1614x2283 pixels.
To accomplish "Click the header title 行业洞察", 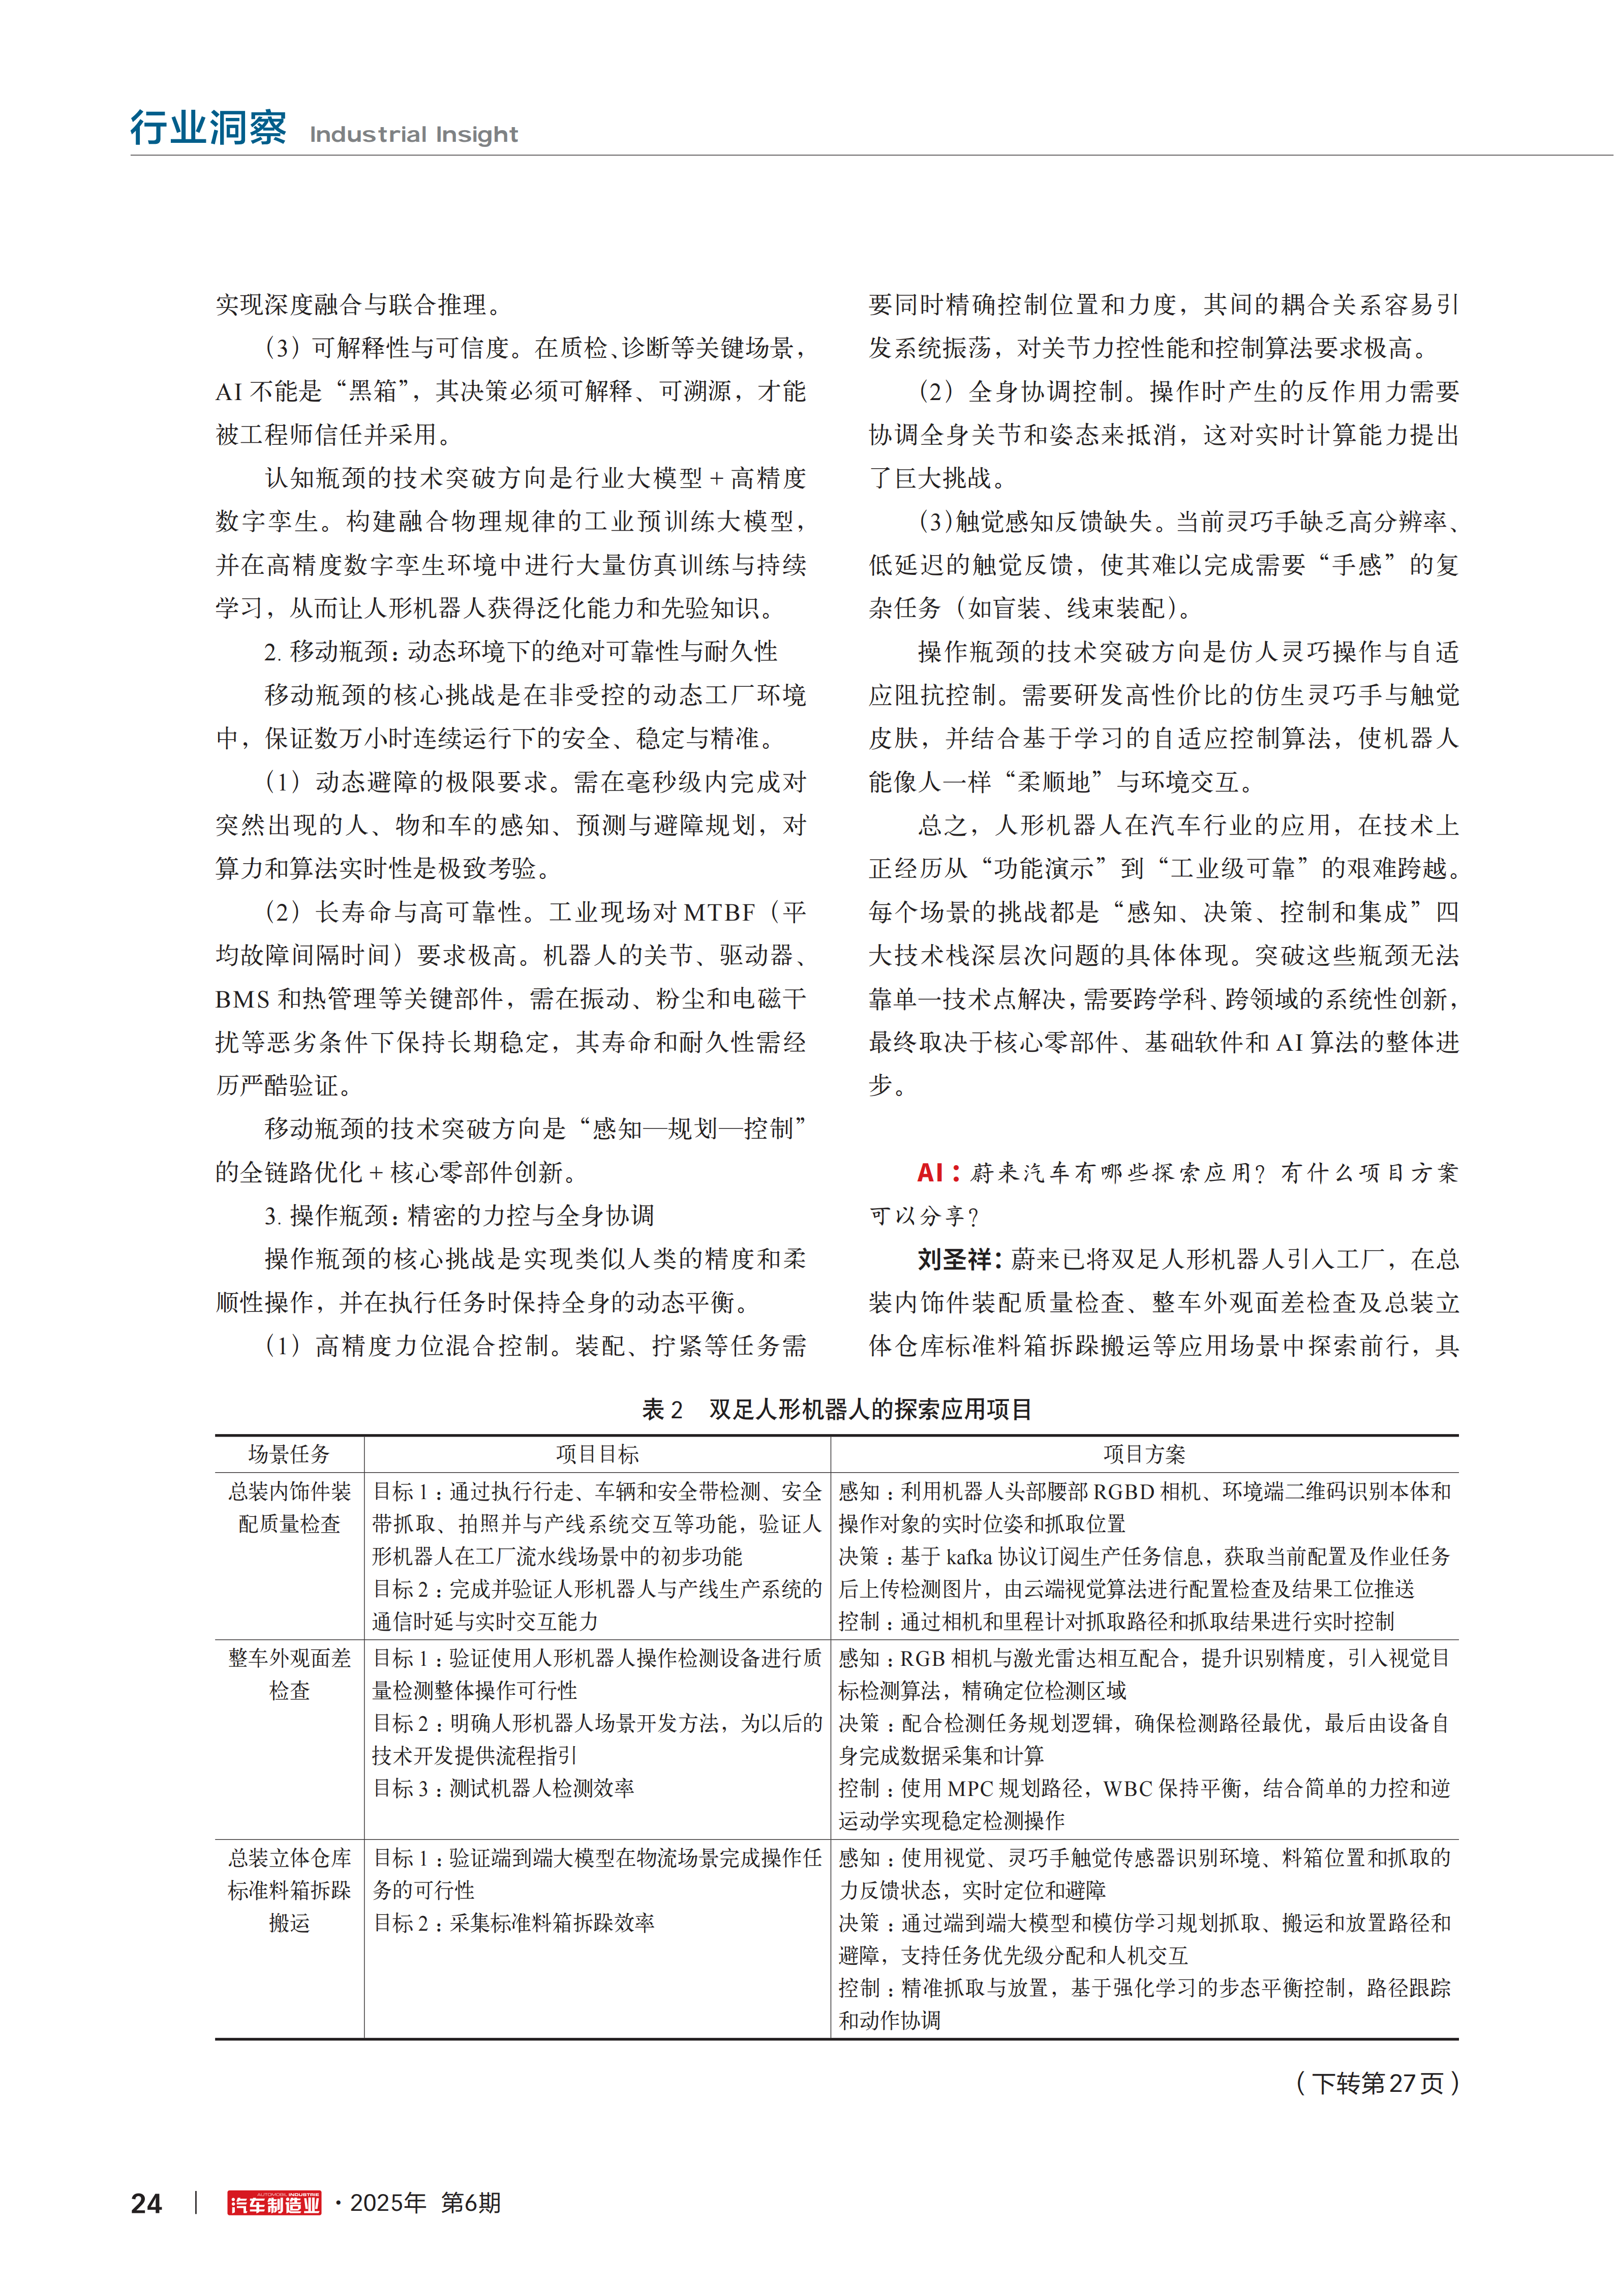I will [x=208, y=128].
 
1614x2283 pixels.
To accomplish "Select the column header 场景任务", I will [x=288, y=1454].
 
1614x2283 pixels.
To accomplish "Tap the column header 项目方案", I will [x=1144, y=1454].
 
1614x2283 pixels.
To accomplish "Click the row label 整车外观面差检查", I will [x=289, y=1675].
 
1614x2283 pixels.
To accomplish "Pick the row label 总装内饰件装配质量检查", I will [x=289, y=1507].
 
